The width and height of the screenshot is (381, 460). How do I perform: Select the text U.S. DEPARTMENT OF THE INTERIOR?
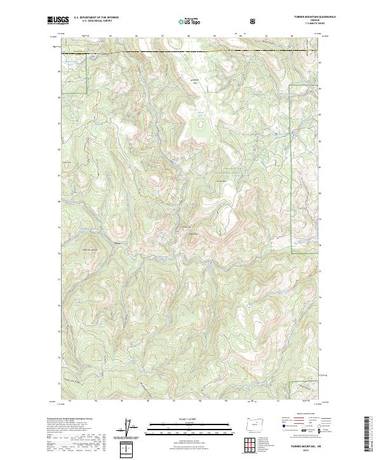coord(95,17)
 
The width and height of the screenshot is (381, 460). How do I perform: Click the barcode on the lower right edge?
coord(368,435)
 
